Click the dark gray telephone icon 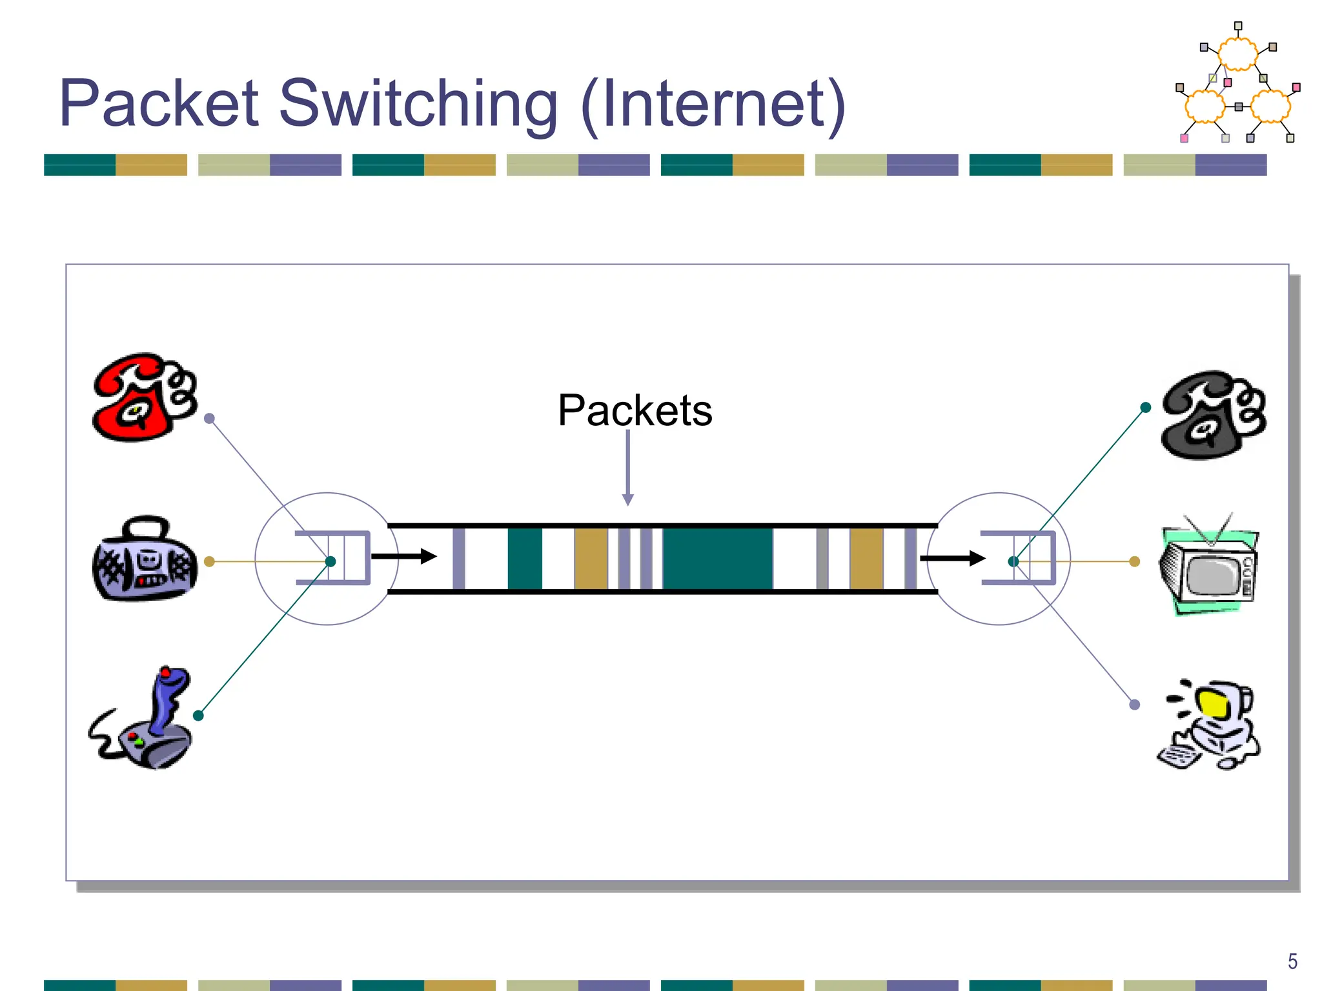click(x=1213, y=415)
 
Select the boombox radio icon click(x=145, y=560)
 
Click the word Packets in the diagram click(x=635, y=410)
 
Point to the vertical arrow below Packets click(x=627, y=467)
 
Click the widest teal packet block click(x=717, y=559)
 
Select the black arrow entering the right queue click(x=952, y=558)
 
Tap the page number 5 click(x=1292, y=961)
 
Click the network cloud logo click(x=1237, y=84)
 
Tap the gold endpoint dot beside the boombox click(x=209, y=562)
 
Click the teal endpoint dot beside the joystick click(x=199, y=716)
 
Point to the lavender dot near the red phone click(x=209, y=419)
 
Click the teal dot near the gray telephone click(x=1146, y=408)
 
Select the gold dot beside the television click(x=1135, y=562)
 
